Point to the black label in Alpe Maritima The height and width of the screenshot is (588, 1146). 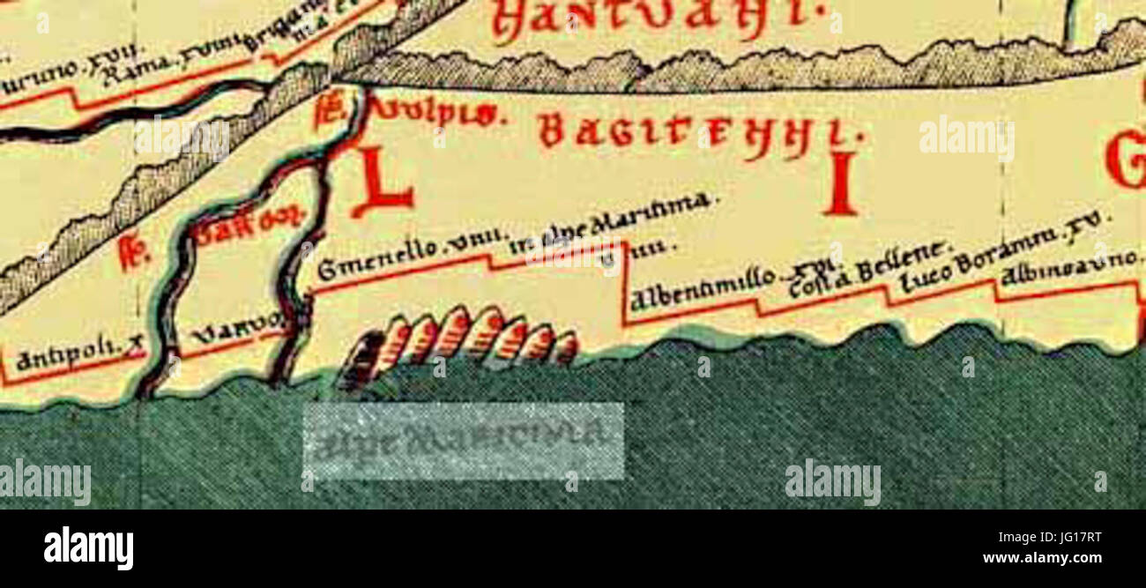click(608, 219)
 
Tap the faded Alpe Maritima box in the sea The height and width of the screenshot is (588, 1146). click(463, 441)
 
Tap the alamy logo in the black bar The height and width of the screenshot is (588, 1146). click(88, 548)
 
